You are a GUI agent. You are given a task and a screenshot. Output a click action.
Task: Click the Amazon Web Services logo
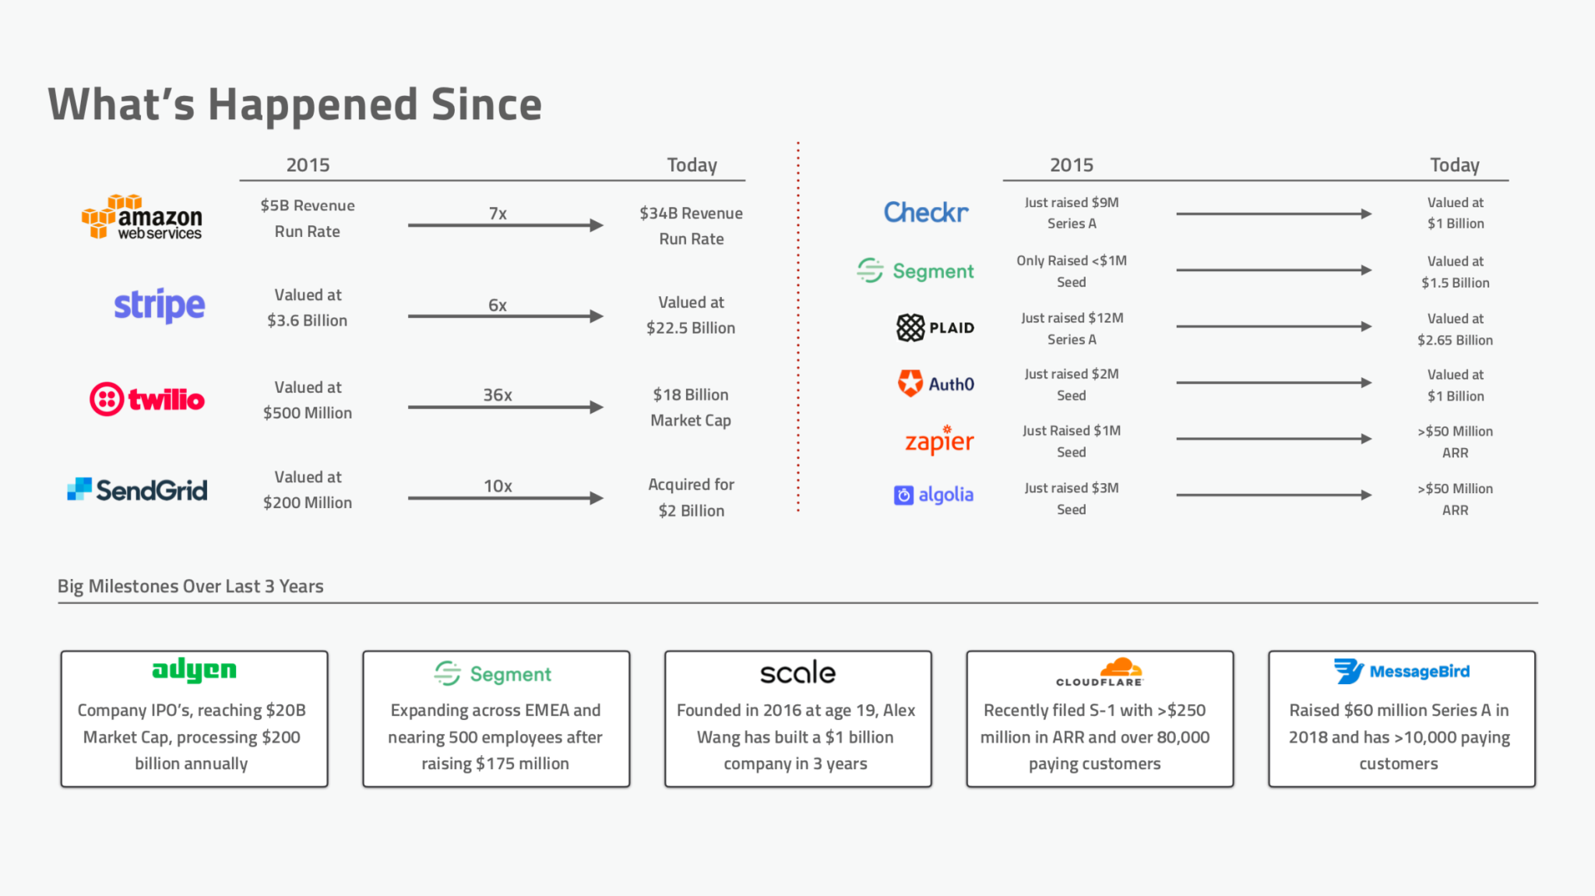[x=142, y=217]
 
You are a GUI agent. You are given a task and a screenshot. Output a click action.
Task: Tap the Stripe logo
[x=160, y=305]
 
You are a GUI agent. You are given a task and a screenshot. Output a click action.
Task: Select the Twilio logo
[x=147, y=399]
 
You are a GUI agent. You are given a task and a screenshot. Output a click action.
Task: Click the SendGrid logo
[x=137, y=490]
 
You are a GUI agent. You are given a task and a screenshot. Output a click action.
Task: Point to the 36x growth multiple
[x=498, y=395]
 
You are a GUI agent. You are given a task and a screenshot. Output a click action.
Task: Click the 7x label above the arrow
[x=498, y=213]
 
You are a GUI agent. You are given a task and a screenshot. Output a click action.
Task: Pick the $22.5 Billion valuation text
[x=691, y=328]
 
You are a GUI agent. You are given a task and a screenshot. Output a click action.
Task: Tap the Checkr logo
[x=926, y=212]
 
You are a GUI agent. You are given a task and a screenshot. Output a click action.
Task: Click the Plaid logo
[x=935, y=328]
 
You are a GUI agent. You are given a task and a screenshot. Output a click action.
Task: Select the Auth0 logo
[x=936, y=383]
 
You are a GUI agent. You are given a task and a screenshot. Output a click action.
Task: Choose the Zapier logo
[x=939, y=440]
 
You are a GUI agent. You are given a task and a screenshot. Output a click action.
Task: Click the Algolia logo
[x=934, y=495]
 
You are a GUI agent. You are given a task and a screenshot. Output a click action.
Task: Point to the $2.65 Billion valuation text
[x=1455, y=340]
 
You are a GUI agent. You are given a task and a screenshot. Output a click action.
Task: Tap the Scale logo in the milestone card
[x=797, y=672]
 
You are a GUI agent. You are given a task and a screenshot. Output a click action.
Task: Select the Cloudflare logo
[x=1100, y=672]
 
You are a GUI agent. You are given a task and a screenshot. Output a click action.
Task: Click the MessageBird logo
[x=1401, y=671]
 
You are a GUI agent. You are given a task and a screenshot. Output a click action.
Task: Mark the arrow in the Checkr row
[x=1273, y=213]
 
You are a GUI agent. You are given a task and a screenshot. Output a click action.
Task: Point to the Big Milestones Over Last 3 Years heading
[x=191, y=586]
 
